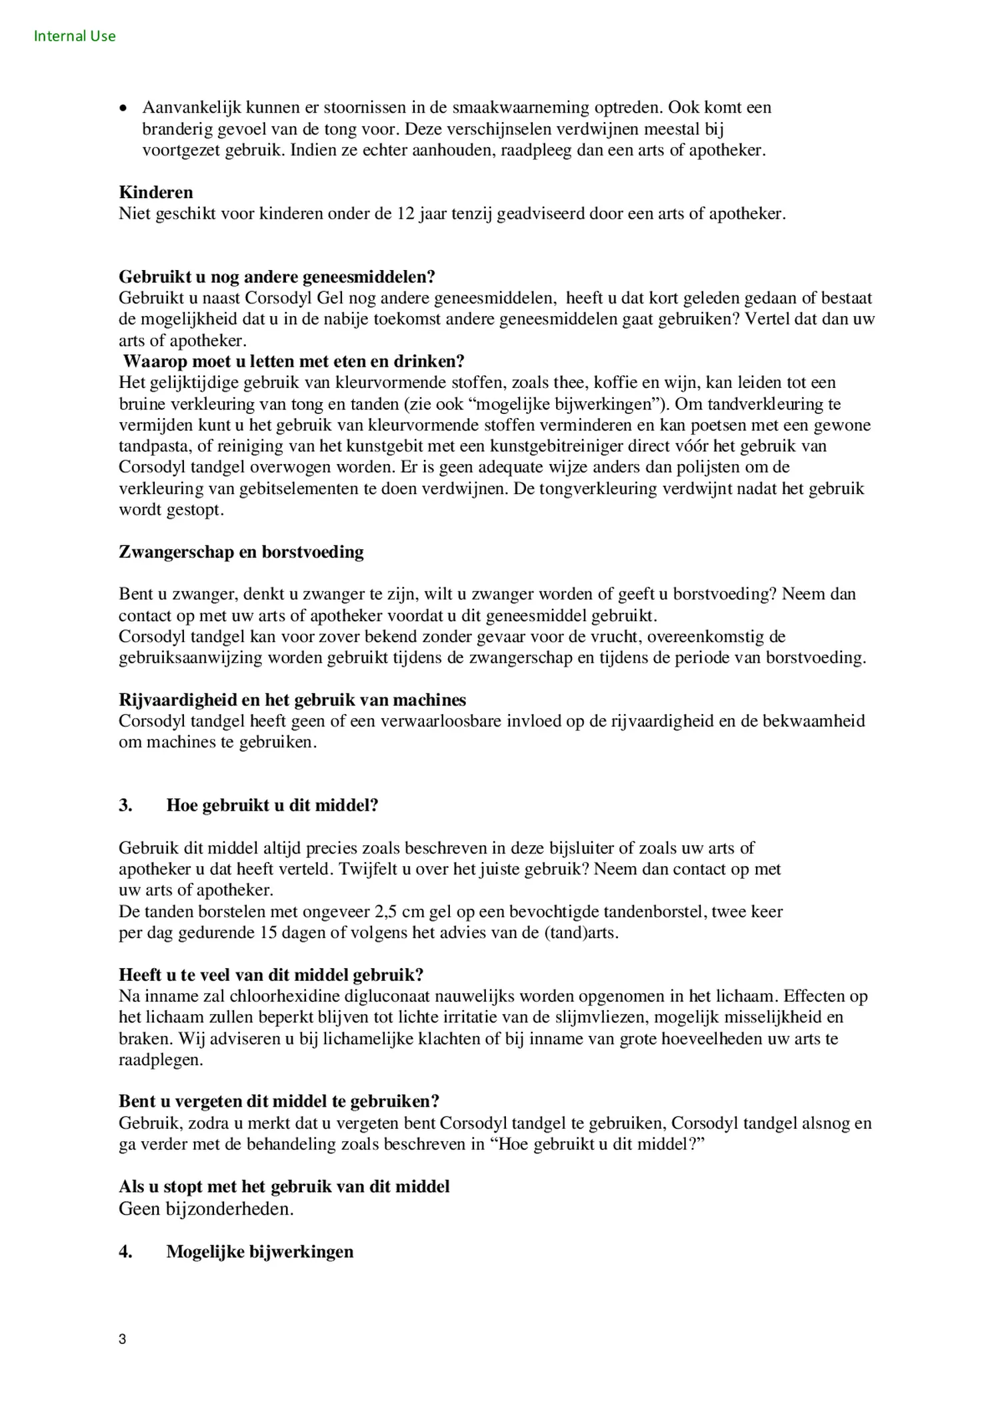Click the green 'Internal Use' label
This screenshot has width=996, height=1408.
[x=75, y=36]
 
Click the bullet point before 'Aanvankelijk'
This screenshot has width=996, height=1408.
[x=123, y=108]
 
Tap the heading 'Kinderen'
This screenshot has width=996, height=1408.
[x=156, y=192]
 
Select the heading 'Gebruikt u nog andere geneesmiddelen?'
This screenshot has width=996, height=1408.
[x=277, y=276]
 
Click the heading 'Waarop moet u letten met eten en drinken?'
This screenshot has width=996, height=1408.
[x=293, y=361]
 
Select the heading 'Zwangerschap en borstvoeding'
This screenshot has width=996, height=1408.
[x=241, y=552]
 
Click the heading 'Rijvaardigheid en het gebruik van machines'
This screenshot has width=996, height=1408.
[x=292, y=700]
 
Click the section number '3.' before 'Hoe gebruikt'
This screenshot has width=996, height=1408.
[x=125, y=805]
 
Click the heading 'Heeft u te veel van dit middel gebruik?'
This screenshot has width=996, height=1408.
[x=271, y=975]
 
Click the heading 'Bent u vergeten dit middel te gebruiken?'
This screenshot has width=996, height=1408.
[x=279, y=1101]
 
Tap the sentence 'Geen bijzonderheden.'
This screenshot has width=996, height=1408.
[x=206, y=1209]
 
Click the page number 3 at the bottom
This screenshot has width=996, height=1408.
[x=122, y=1339]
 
